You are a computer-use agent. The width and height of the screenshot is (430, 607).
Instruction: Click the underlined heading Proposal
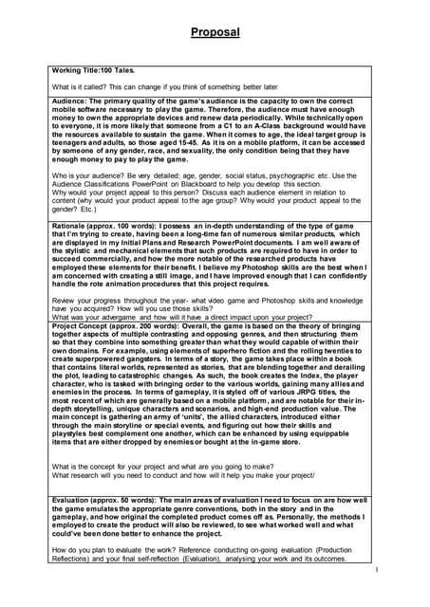click(x=215, y=33)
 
